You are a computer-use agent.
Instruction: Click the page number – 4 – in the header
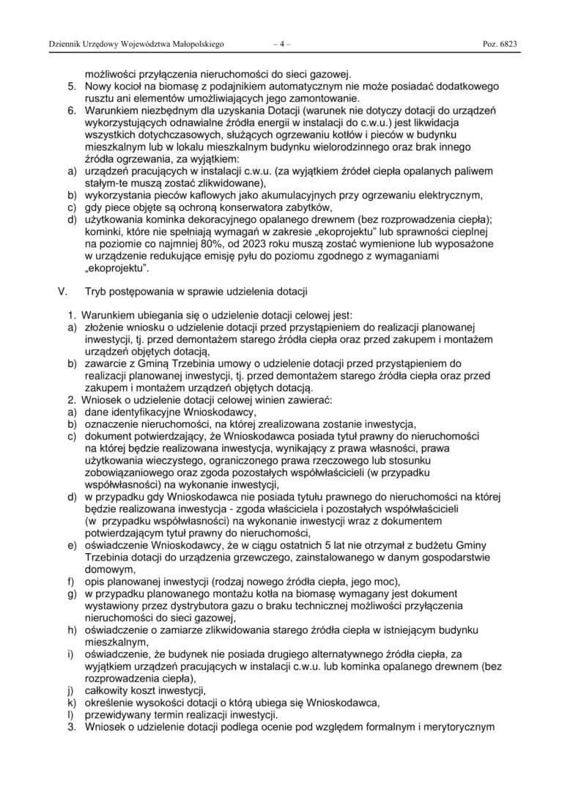(281, 44)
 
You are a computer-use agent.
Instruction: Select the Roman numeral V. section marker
(62, 291)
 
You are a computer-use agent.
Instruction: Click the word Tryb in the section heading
(97, 291)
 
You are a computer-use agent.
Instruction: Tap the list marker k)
(71, 702)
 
